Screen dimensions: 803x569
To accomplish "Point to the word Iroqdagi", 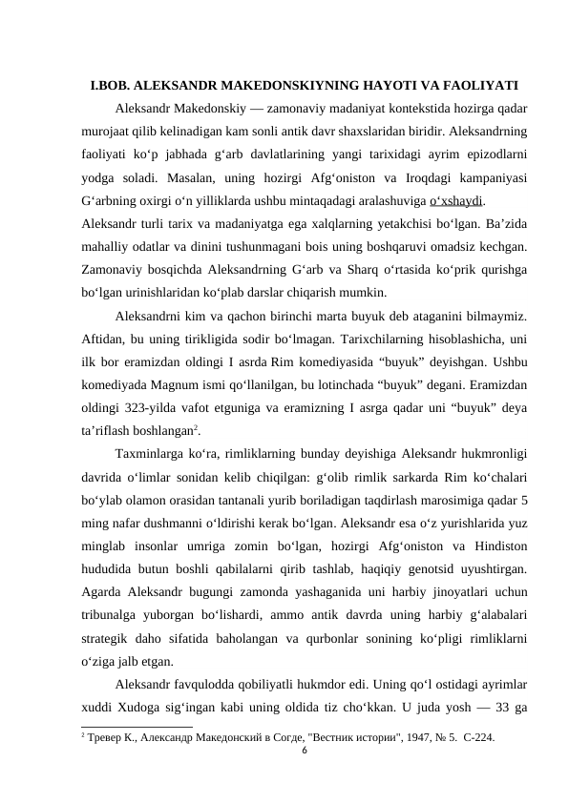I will tap(401, 178).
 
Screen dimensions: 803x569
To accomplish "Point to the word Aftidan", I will tap(104, 339).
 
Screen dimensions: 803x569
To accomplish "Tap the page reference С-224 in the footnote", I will tap(477, 738).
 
